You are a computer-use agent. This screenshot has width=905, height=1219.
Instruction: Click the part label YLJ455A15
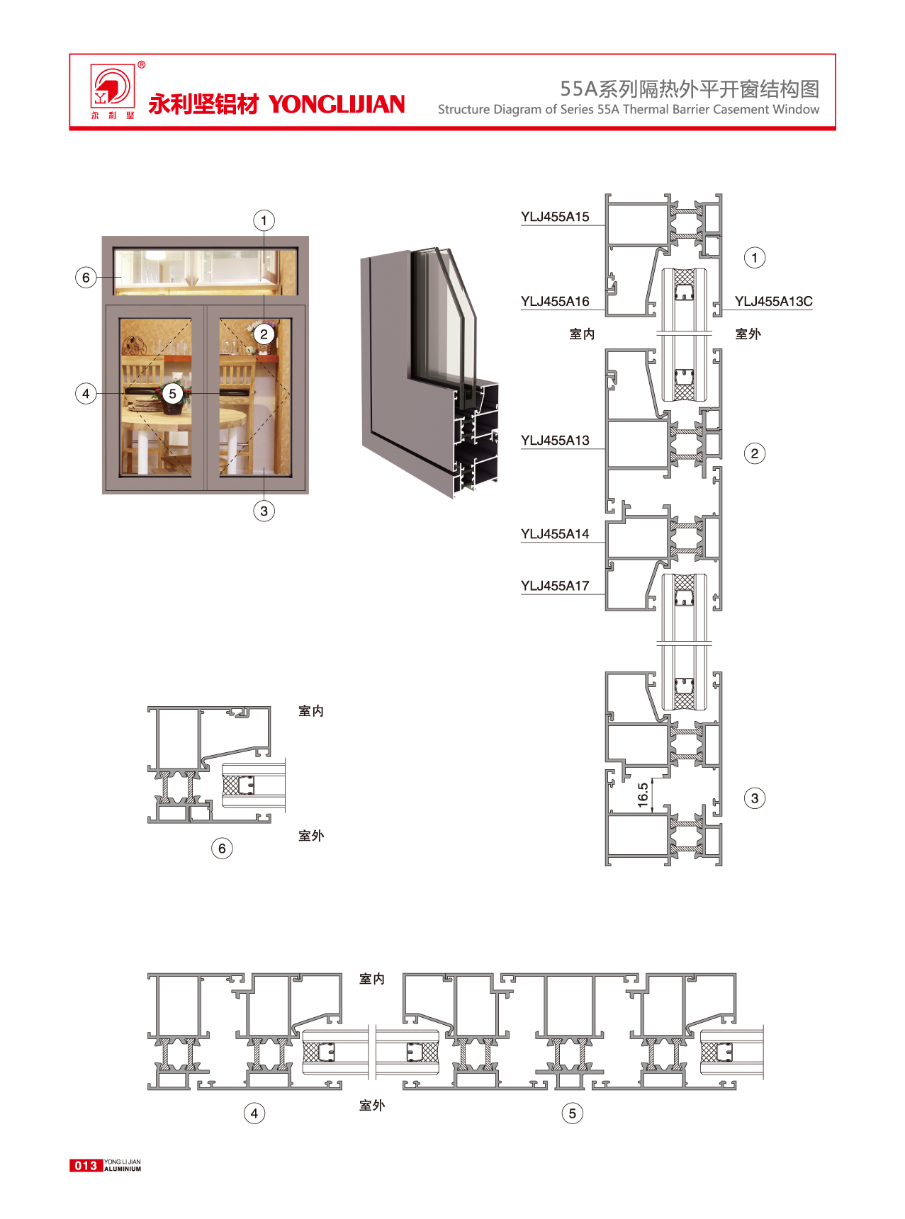[x=555, y=217]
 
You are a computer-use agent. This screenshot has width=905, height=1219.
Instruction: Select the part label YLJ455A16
[x=555, y=302]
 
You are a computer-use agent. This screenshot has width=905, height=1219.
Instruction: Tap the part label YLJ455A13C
[x=773, y=302]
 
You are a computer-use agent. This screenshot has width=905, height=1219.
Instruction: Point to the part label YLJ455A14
[x=555, y=534]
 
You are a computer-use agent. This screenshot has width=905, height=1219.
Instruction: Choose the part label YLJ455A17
[x=555, y=586]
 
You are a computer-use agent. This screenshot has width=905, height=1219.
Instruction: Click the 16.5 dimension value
[x=643, y=795]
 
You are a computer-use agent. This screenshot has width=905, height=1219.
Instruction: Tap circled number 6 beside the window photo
[x=86, y=277]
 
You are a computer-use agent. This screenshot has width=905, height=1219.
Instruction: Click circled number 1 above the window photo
[x=264, y=220]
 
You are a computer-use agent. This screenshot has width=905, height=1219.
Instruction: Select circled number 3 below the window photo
[x=264, y=511]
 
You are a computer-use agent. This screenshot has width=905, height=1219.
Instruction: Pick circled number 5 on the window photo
[x=172, y=394]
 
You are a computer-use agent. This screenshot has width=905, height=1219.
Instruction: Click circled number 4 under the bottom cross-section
[x=254, y=1113]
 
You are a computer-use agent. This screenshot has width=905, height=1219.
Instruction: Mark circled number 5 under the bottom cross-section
[x=573, y=1113]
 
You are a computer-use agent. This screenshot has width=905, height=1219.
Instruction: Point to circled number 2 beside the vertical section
[x=755, y=453]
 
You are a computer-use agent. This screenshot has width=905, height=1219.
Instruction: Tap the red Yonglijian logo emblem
[x=111, y=87]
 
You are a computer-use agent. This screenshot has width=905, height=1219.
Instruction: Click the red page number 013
[x=86, y=1165]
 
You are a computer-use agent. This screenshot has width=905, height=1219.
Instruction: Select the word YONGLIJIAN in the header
[x=337, y=104]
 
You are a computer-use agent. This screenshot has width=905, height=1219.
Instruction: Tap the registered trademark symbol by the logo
[x=142, y=65]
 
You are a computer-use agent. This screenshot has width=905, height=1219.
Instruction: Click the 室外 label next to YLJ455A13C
[x=748, y=334]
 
